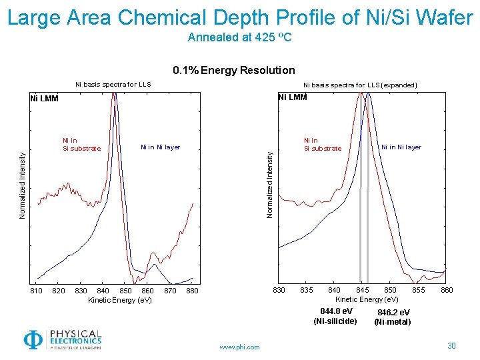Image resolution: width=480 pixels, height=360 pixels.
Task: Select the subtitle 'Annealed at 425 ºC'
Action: point(240,37)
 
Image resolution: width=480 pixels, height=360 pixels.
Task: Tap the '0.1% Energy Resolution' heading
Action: point(233,70)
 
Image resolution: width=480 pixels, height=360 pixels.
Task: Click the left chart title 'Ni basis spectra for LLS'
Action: point(113,85)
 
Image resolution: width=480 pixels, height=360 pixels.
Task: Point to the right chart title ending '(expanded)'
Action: point(360,85)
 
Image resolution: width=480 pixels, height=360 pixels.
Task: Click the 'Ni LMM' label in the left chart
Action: point(45,99)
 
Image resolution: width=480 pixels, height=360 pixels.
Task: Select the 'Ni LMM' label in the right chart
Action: point(292,97)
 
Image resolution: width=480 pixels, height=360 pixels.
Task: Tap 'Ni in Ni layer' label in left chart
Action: point(160,147)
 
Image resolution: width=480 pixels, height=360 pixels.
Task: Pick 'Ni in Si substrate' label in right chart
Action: point(322,145)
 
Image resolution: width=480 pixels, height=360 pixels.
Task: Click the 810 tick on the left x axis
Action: point(37,291)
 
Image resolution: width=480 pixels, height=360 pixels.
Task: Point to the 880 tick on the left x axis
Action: point(192,291)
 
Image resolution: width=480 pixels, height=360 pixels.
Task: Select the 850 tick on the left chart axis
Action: point(125,291)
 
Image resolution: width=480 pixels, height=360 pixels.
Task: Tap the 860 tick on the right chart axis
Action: point(447,290)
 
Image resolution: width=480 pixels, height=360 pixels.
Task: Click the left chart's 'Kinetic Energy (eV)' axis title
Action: point(120,300)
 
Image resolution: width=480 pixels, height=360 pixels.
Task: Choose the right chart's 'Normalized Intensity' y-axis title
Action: point(270,184)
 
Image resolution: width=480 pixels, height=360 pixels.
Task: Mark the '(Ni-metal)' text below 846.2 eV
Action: point(393,322)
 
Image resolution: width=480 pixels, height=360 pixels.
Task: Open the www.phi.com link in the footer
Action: point(239,347)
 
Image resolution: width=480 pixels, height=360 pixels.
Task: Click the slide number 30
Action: point(451,345)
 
